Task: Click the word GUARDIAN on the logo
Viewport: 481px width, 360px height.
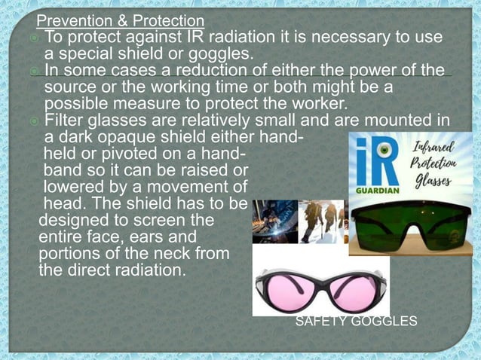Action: [371, 191]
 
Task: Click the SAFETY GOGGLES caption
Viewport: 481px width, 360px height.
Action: [356, 322]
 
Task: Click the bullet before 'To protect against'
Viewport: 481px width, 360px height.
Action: [35, 38]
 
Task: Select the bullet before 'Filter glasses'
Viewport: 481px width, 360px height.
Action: [35, 121]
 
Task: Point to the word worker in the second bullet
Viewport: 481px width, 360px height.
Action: [325, 104]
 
